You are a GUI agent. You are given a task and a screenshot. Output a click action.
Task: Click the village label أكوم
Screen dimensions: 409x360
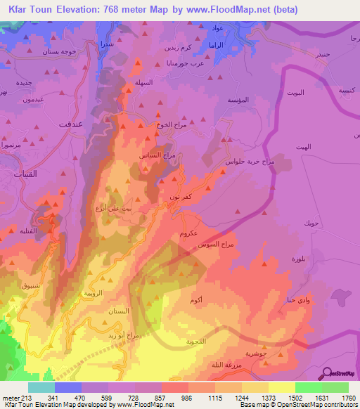click(198, 300)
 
